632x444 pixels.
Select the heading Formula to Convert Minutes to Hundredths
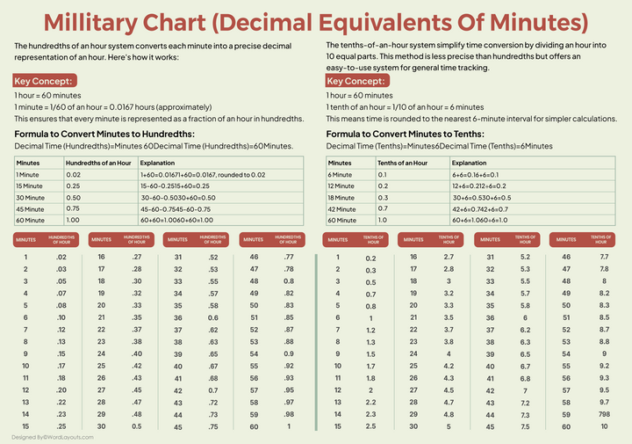click(x=104, y=134)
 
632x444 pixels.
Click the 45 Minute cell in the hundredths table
click(x=31, y=207)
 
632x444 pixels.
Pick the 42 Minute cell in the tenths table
click(x=343, y=207)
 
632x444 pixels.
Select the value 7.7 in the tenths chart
click(x=604, y=257)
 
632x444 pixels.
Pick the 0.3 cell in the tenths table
click(x=383, y=196)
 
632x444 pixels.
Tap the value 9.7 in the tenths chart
click(x=604, y=401)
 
